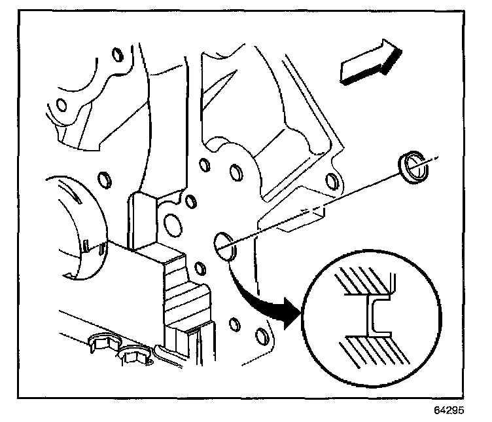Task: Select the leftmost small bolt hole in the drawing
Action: click(61, 105)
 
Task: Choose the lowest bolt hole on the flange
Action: click(261, 337)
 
